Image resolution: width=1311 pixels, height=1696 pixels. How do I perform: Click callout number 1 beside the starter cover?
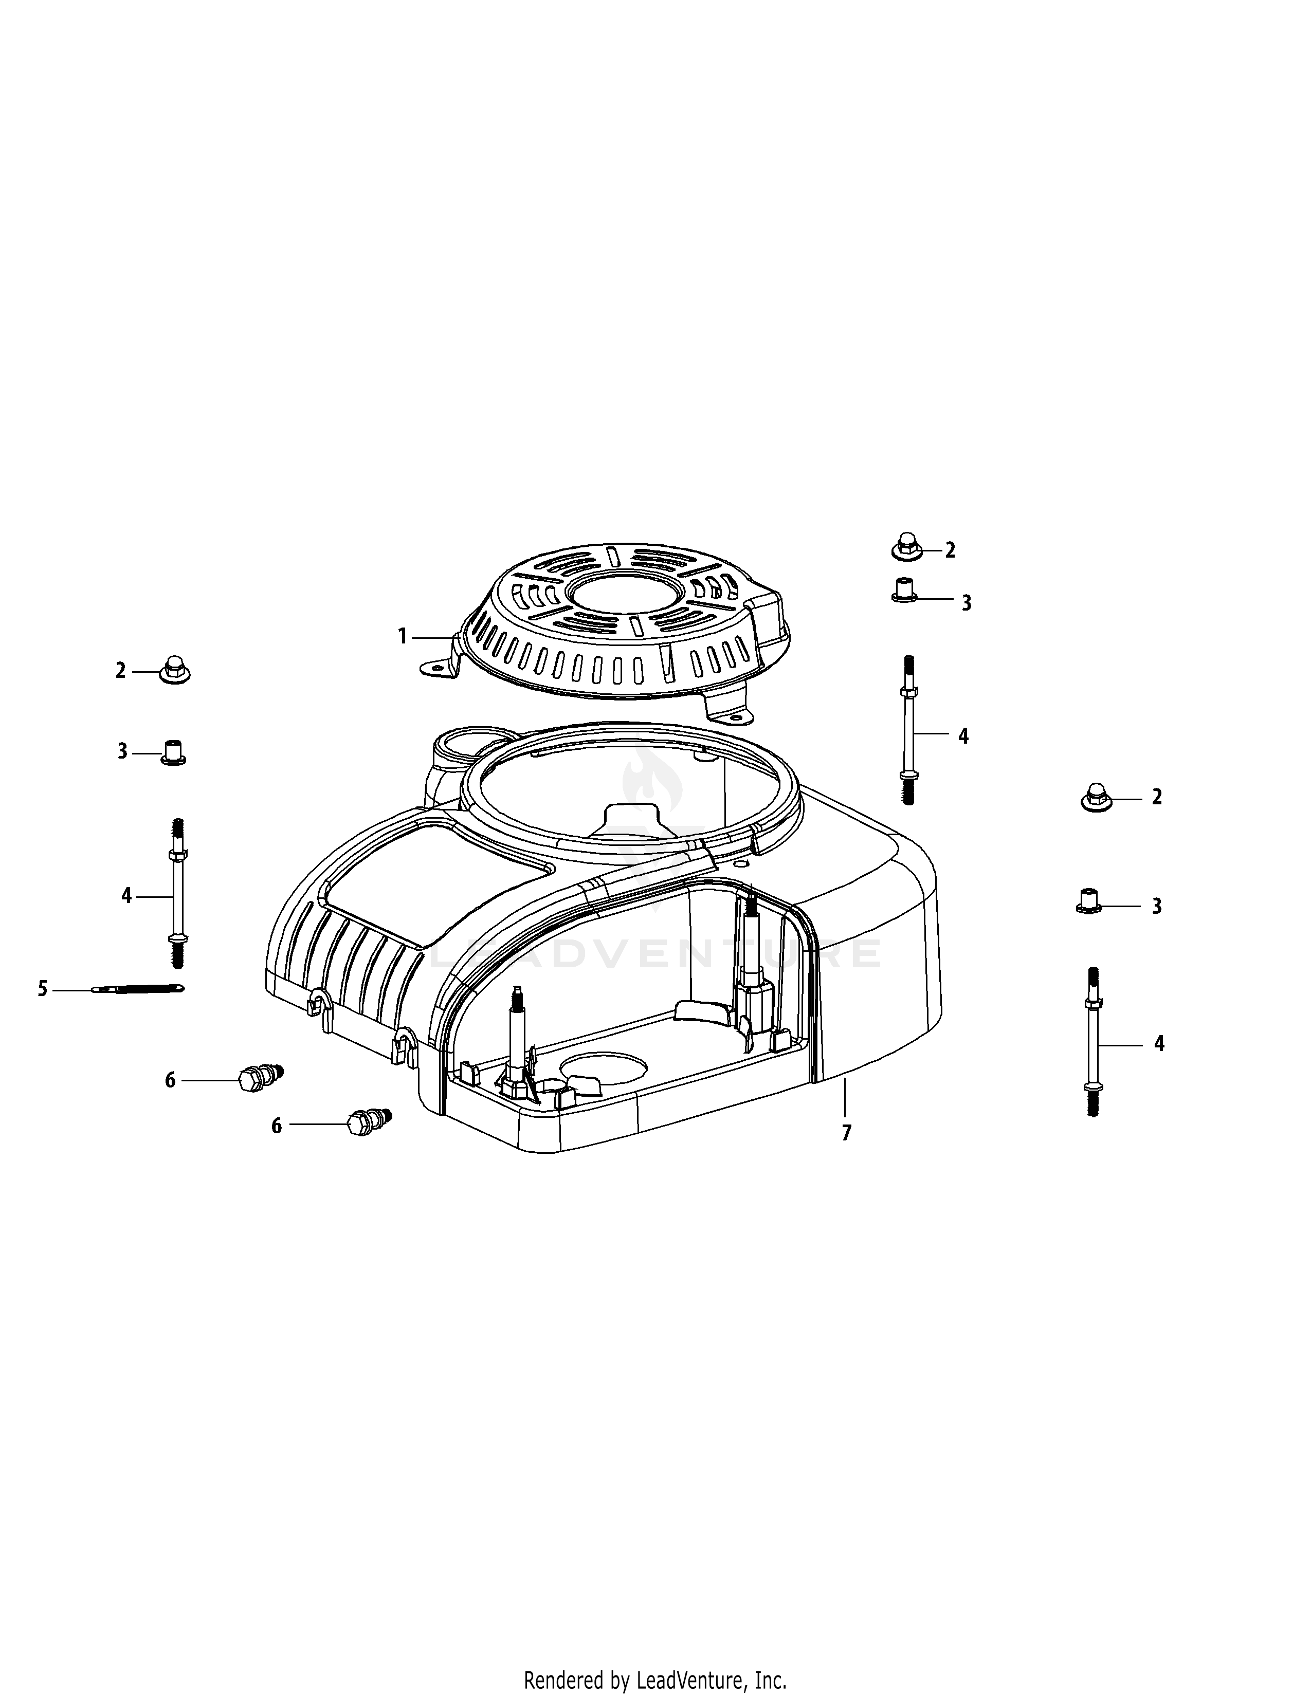[x=403, y=637]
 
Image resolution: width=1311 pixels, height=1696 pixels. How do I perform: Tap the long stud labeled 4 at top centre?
[x=908, y=730]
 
